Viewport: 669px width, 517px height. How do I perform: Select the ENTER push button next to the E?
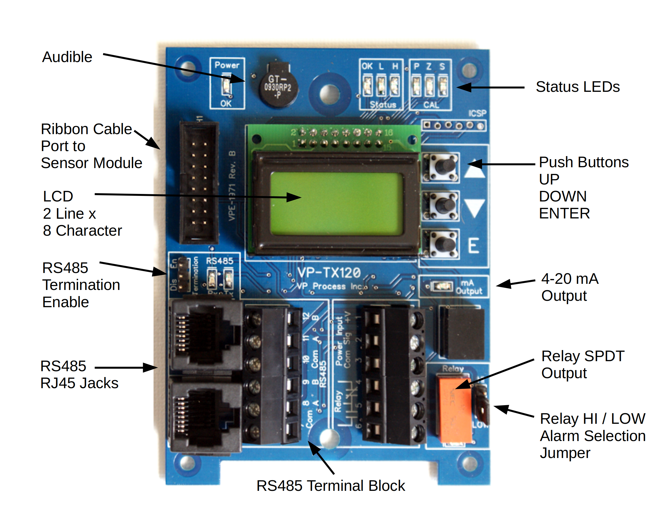tap(441, 244)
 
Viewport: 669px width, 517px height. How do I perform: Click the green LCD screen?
tap(336, 204)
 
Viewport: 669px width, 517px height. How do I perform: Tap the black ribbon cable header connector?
tap(199, 183)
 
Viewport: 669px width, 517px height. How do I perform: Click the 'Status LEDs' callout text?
tap(577, 87)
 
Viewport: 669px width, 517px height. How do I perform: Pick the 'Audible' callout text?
tap(67, 57)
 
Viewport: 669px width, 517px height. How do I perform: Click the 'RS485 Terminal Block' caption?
tap(331, 486)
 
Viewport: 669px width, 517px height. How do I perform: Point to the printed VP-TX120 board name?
tap(329, 273)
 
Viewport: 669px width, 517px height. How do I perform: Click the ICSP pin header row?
tap(453, 125)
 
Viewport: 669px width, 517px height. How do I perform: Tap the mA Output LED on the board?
tap(441, 286)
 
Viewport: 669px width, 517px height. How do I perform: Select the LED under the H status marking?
tap(395, 85)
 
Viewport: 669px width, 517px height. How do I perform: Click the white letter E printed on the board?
tap(473, 245)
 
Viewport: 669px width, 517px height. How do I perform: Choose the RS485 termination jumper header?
tap(183, 274)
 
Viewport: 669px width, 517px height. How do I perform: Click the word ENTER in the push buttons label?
tap(564, 213)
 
